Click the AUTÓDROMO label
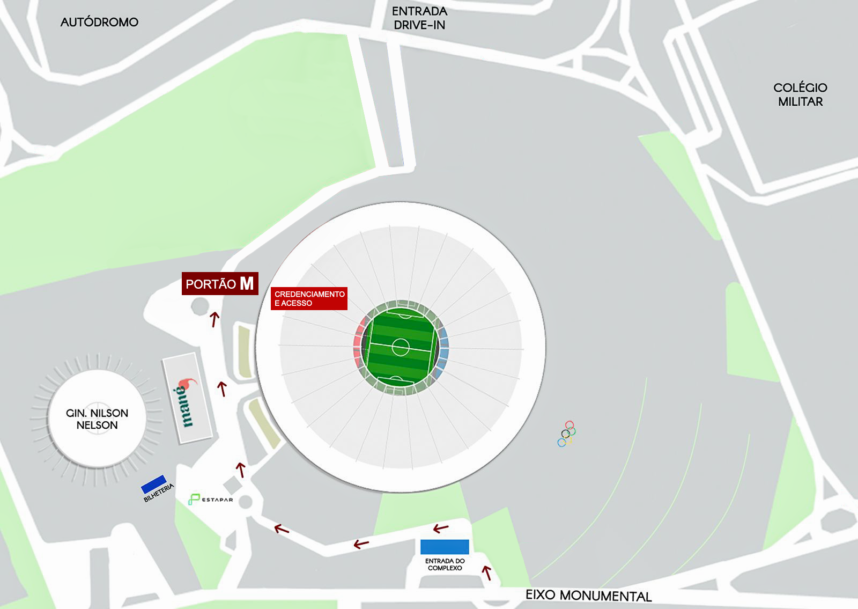point(99,22)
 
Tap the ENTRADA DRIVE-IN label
point(419,18)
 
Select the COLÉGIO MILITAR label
point(800,94)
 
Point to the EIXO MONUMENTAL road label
point(588,595)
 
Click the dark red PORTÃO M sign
point(220,283)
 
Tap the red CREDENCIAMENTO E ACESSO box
point(309,298)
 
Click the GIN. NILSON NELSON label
point(97,419)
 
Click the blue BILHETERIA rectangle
point(154,483)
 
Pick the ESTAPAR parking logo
point(210,500)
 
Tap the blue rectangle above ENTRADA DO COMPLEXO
point(445,547)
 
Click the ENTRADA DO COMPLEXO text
point(445,564)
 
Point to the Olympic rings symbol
point(566,434)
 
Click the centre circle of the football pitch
point(401,347)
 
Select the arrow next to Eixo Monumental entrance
point(487,573)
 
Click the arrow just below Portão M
point(214,319)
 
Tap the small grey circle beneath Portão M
point(199,306)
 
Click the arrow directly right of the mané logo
point(222,388)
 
